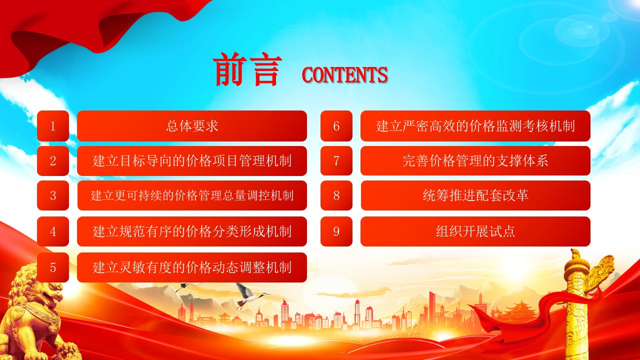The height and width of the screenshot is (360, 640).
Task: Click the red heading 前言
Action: pos(247,69)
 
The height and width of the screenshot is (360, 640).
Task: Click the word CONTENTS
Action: pos(344,75)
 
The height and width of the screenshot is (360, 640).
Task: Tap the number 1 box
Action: pos(53,126)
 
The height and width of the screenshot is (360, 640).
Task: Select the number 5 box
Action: pos(53,267)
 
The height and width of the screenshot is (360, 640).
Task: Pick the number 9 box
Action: pos(336,231)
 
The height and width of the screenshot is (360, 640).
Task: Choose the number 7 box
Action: pos(336,161)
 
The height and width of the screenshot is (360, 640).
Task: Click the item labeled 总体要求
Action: pos(192,126)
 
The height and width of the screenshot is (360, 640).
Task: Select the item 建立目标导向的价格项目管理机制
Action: pos(192,161)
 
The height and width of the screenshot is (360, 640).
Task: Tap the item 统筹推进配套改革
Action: pos(475,195)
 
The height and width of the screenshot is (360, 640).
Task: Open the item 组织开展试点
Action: pos(475,231)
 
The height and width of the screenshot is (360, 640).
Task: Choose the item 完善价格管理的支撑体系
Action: pos(475,161)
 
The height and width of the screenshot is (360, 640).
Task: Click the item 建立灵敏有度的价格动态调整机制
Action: pos(192,267)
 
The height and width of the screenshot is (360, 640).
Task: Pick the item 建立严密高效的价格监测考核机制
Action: pos(475,126)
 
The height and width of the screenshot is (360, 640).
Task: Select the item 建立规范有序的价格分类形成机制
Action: pos(192,231)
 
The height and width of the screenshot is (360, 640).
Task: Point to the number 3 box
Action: pos(53,195)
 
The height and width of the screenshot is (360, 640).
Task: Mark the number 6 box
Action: pos(336,126)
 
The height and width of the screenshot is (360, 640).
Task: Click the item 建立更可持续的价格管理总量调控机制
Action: pos(192,195)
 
